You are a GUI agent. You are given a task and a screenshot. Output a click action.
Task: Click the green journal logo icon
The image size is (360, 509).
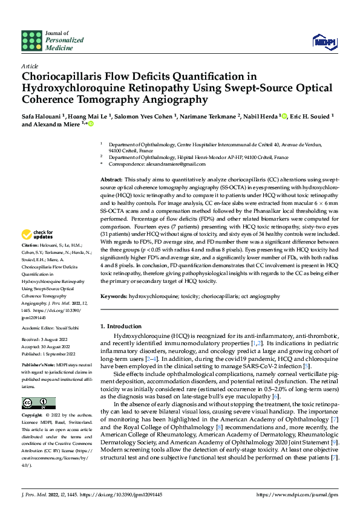31,41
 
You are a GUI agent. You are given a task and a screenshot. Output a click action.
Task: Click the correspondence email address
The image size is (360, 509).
147,164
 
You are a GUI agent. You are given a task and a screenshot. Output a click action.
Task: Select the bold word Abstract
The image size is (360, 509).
111,180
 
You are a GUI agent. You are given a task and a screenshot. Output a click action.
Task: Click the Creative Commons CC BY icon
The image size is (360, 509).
38,403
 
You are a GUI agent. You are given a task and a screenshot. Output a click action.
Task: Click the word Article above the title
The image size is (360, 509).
30,65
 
